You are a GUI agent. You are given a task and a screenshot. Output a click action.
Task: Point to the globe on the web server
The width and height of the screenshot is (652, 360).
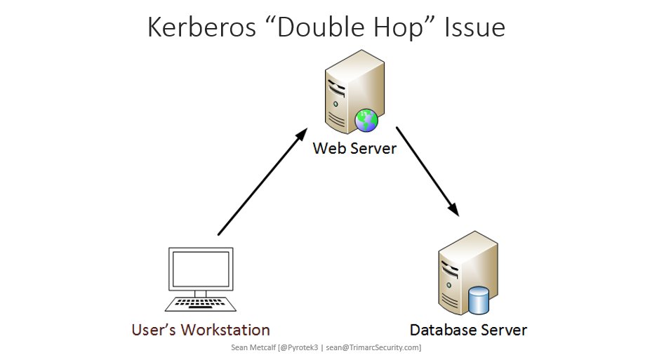click(366, 121)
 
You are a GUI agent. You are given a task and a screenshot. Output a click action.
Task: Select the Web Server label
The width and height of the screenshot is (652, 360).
click(354, 149)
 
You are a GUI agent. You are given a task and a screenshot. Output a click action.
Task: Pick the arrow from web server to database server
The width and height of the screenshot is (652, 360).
click(427, 171)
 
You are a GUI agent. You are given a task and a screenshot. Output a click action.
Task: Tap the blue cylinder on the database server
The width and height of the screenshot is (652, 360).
click(479, 300)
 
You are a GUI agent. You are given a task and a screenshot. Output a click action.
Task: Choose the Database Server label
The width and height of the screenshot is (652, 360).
click(468, 330)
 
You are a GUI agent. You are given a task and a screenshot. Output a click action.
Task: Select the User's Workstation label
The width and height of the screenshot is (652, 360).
click(201, 330)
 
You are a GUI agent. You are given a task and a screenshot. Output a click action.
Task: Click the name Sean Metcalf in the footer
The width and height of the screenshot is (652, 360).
click(253, 347)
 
